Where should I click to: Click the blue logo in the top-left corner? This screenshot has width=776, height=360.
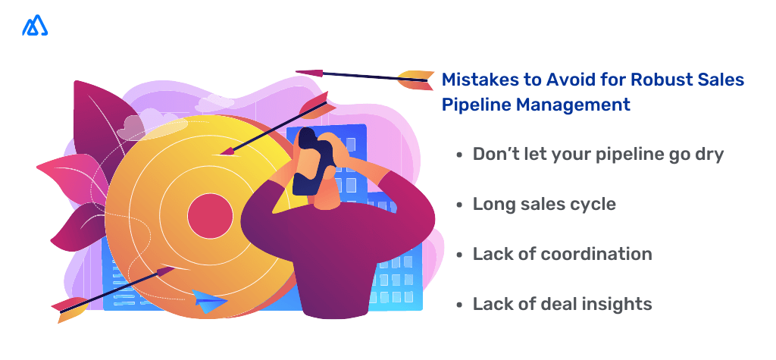(35, 26)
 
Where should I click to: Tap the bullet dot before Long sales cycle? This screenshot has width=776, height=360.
(459, 205)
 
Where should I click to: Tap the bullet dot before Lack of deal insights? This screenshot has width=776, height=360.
(459, 305)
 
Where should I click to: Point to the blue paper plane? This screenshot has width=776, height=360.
(209, 301)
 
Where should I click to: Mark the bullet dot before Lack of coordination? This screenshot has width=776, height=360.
(459, 255)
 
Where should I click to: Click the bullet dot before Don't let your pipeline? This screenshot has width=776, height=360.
(459, 155)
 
